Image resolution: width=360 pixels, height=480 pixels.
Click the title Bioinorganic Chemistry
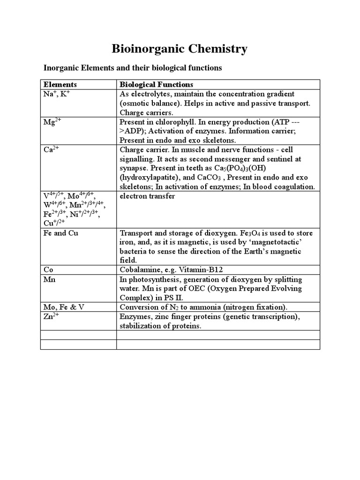click(180, 49)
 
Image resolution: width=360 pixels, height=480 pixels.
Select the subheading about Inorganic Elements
click(133, 68)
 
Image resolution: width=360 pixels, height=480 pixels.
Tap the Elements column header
click(60, 84)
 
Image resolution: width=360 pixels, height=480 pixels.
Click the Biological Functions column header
click(156, 84)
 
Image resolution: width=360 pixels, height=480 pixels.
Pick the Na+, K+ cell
click(57, 94)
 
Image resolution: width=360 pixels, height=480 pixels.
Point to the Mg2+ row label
click(52, 122)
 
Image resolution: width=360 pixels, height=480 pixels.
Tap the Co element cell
click(48, 270)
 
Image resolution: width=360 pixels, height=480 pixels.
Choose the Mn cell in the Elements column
click(49, 279)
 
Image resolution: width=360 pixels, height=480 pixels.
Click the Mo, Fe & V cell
click(64, 307)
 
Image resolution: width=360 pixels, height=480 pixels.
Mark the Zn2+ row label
click(52, 316)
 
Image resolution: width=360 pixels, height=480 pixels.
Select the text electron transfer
click(147, 196)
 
